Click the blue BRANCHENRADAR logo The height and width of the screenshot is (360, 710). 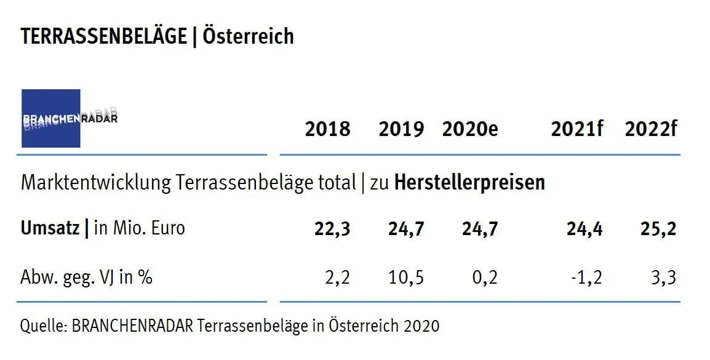pyautogui.click(x=51, y=118)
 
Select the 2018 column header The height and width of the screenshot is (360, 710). pyautogui.click(x=327, y=129)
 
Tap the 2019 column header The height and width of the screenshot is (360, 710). pyautogui.click(x=401, y=129)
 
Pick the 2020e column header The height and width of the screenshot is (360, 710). pyautogui.click(x=470, y=129)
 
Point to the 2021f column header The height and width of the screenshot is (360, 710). pyautogui.click(x=577, y=129)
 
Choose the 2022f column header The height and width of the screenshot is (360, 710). pyautogui.click(x=651, y=129)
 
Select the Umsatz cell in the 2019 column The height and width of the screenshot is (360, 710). pyautogui.click(x=406, y=229)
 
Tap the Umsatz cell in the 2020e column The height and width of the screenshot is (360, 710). pyautogui.click(x=480, y=229)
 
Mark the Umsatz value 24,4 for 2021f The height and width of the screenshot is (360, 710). pyautogui.click(x=585, y=229)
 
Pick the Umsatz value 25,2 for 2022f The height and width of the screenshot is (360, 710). pyautogui.click(x=659, y=229)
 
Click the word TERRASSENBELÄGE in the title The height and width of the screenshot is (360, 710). pyautogui.click(x=103, y=37)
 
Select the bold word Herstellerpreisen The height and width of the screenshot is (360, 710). pyautogui.click(x=469, y=183)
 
